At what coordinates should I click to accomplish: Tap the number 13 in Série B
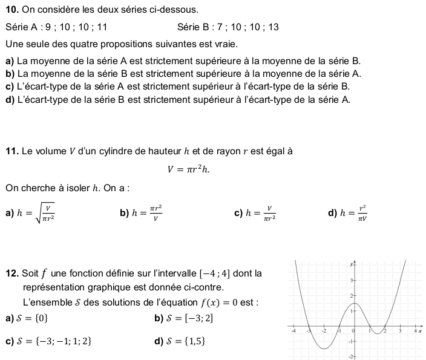(274, 27)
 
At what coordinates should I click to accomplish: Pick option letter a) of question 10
(9, 61)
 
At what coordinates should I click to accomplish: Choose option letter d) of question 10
(9, 100)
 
